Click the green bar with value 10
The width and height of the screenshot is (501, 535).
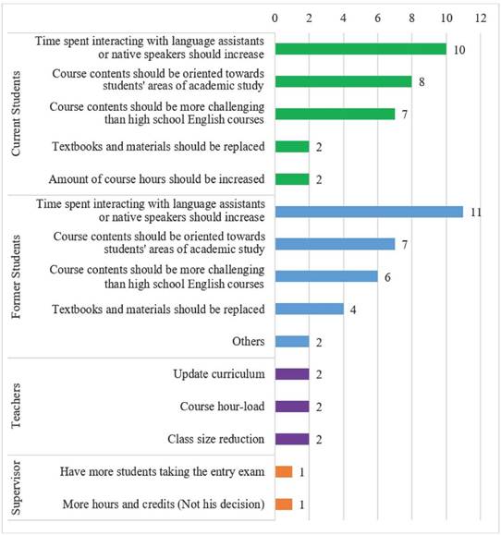tap(360, 49)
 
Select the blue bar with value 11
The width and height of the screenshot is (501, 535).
tap(369, 211)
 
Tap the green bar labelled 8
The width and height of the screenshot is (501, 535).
tap(343, 81)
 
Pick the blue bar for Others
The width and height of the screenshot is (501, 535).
tap(292, 341)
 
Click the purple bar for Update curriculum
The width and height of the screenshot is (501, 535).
tap(292, 374)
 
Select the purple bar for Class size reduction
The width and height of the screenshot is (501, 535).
tap(292, 439)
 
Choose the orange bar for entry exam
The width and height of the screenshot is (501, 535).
tap(284, 471)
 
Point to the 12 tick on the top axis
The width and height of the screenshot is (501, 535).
tap(480, 18)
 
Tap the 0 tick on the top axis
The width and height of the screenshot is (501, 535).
tap(275, 18)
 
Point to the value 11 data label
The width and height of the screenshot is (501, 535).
tap(477, 212)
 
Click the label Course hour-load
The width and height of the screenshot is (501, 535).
tap(220, 407)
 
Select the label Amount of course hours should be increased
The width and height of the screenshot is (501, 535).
tap(158, 178)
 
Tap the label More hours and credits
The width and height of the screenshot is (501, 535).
tap(164, 505)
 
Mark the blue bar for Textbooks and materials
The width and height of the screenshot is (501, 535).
tap(309, 309)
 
